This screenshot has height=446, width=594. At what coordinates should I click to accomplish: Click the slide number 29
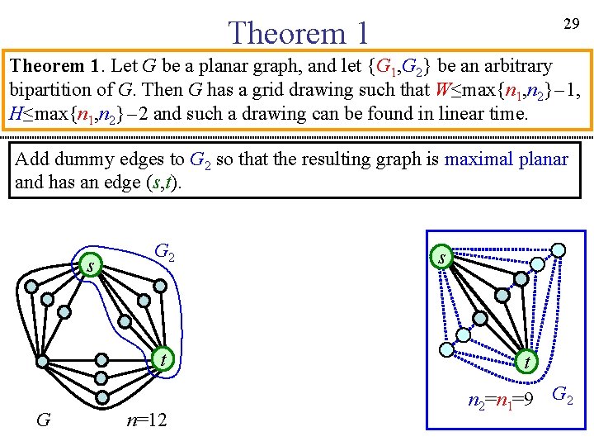click(x=570, y=24)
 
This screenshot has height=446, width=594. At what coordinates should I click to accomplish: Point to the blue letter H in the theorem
click(x=16, y=114)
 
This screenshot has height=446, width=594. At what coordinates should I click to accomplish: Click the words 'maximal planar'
click(x=506, y=158)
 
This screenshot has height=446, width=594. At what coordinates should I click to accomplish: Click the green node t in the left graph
click(x=164, y=359)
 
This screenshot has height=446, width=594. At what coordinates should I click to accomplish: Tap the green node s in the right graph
click(x=442, y=258)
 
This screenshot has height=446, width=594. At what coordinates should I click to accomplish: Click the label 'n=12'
click(x=147, y=420)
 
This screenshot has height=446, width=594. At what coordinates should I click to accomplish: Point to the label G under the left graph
click(x=44, y=420)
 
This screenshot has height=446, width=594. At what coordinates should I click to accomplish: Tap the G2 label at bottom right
click(x=563, y=396)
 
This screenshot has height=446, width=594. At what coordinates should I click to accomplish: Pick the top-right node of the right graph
click(x=559, y=249)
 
